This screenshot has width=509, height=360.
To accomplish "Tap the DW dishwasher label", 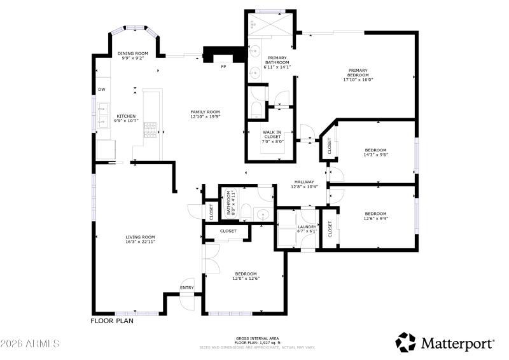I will pyautogui.click(x=101, y=89).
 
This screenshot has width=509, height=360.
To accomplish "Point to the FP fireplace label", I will pyautogui.click(x=223, y=67).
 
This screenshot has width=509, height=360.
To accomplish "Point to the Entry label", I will pyautogui.click(x=187, y=287).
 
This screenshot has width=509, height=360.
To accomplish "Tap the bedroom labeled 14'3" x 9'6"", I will pyautogui.click(x=375, y=152).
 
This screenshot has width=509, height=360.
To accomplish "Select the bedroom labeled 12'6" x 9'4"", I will pyautogui.click(x=375, y=216).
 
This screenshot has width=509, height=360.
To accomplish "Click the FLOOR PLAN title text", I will pyautogui.click(x=112, y=321).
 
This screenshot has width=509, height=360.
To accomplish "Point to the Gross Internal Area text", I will pyautogui.click(x=256, y=338).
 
